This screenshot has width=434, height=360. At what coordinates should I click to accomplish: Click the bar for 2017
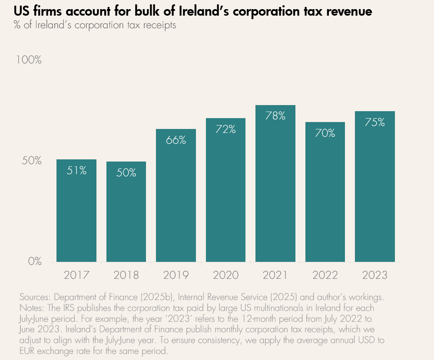[x=76, y=211]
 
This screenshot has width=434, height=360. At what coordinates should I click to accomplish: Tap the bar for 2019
[x=176, y=195]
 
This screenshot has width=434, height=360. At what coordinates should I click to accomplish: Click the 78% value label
[x=275, y=116]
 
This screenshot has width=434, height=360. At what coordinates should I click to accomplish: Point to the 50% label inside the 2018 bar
[x=126, y=172]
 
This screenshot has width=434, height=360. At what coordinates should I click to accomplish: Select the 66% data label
[x=176, y=140]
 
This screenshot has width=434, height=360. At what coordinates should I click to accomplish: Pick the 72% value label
[x=226, y=129]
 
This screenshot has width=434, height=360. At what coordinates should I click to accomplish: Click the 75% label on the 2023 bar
[x=375, y=122]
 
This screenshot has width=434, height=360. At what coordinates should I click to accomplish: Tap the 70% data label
[x=325, y=133]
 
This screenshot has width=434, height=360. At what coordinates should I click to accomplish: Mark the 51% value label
[x=76, y=170]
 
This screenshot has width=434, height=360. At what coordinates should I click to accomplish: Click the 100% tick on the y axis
[x=29, y=59]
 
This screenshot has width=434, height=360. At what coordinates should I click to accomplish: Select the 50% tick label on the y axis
[x=31, y=161]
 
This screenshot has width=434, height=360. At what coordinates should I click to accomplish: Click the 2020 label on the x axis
[x=226, y=275]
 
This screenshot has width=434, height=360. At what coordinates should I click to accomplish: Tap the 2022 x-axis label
[x=325, y=275]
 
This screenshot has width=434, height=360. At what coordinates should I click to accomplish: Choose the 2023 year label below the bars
[x=375, y=275]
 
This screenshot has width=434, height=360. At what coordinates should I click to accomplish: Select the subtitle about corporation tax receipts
[x=95, y=25]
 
